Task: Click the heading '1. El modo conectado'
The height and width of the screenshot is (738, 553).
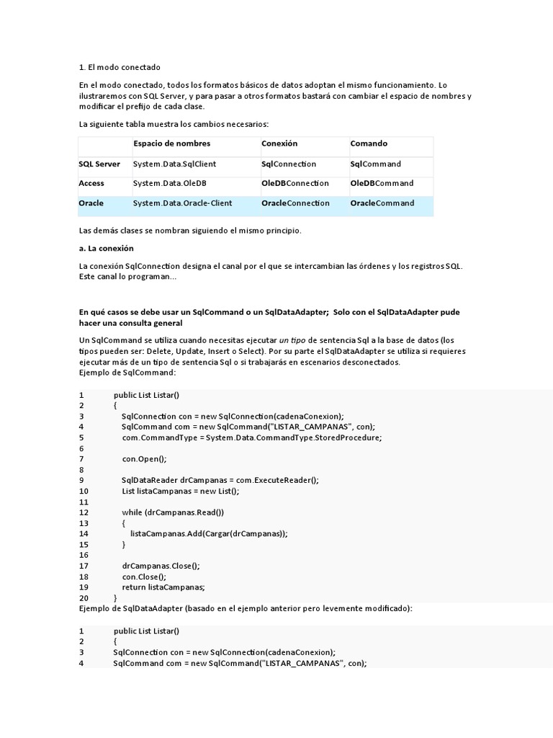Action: pyautogui.click(x=120, y=67)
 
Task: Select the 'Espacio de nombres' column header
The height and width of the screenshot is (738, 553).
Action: pyautogui.click(x=171, y=143)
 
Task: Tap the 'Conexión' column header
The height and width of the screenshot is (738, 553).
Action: pyautogui.click(x=279, y=143)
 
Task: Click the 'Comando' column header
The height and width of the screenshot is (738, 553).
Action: pyautogui.click(x=369, y=143)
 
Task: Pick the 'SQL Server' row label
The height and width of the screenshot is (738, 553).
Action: pyautogui.click(x=99, y=164)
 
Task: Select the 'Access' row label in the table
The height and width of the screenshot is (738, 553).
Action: pyautogui.click(x=91, y=183)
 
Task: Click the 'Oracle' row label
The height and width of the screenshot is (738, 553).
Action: pyautogui.click(x=91, y=203)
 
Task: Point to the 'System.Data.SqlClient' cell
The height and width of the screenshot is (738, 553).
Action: pyautogui.click(x=174, y=164)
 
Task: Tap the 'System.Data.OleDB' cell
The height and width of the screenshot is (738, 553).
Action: pyautogui.click(x=170, y=183)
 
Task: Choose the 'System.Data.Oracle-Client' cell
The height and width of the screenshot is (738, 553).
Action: pyautogui.click(x=182, y=203)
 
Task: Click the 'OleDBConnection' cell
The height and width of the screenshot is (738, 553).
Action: pyautogui.click(x=295, y=183)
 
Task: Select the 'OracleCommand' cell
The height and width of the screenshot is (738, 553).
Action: pyautogui.click(x=382, y=203)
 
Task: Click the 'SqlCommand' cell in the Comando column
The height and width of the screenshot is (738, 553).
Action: pyautogui.click(x=376, y=164)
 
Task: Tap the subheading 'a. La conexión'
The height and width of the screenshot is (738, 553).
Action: pyautogui.click(x=107, y=248)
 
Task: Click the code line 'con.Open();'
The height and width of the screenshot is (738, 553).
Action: pyautogui.click(x=144, y=458)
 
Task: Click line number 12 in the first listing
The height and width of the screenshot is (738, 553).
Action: pyautogui.click(x=84, y=512)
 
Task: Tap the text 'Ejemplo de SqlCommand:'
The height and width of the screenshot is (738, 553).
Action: pyautogui.click(x=127, y=373)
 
